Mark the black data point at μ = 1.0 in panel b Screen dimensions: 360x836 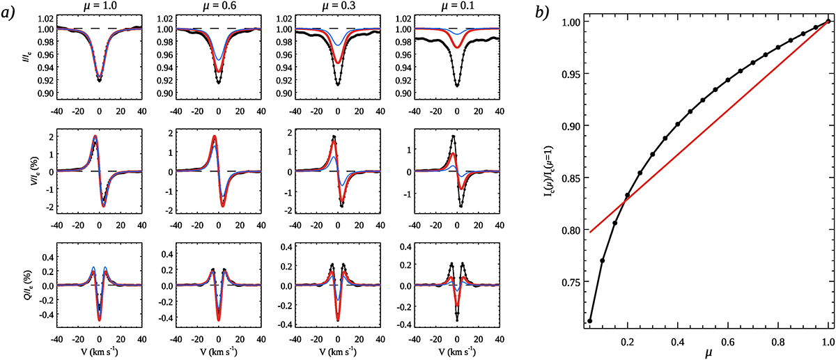(x=828, y=22)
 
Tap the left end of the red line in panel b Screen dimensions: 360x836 (x=590, y=231)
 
